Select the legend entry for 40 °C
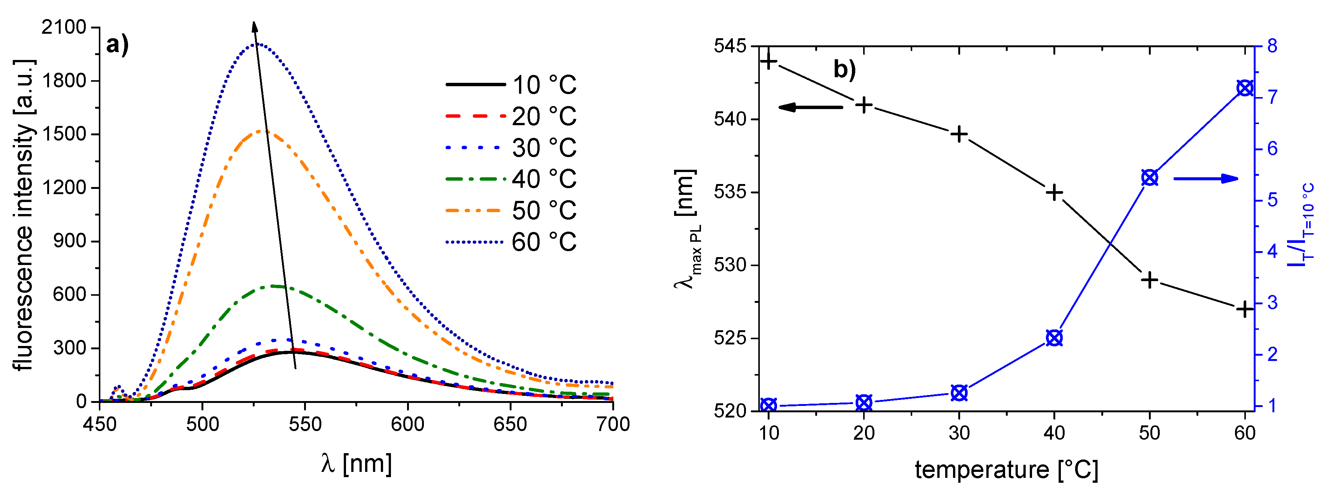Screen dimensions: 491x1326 click(x=511, y=179)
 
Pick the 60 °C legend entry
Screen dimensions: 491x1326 click(x=511, y=242)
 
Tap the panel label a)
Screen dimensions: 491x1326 click(x=117, y=45)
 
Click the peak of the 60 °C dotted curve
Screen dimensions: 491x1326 click(x=257, y=44)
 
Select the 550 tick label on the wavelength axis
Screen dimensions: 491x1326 click(x=305, y=424)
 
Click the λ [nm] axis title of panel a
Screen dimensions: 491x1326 click(x=356, y=463)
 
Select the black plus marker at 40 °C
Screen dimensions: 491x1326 click(x=1054, y=193)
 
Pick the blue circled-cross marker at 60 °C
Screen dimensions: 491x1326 click(x=1245, y=88)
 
